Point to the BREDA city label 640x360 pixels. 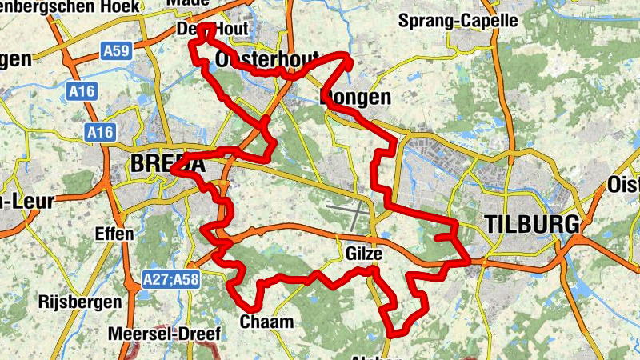coord(166,164)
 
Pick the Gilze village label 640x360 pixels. coord(366,254)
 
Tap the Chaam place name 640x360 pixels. coord(266,322)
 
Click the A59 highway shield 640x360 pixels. coord(116,52)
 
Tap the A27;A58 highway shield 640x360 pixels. coord(170,279)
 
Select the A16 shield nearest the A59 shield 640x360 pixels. coord(81,92)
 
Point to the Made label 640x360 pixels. coord(188,3)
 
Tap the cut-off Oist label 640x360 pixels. coord(624,186)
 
